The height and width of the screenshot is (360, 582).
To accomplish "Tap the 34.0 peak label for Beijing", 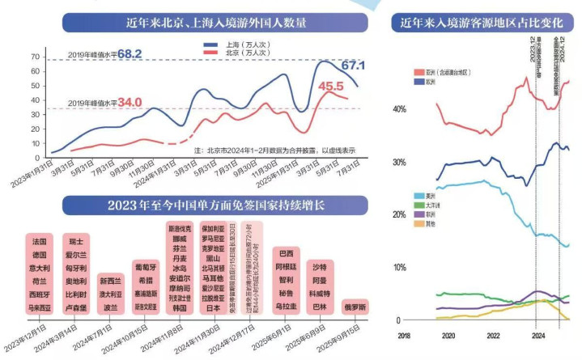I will pyautogui.click(x=130, y=103).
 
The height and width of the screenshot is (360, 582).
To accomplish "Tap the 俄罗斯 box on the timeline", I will pyautogui.click(x=356, y=307).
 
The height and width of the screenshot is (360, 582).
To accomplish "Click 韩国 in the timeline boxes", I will pyautogui.click(x=181, y=308).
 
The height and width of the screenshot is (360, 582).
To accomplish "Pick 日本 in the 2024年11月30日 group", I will pyautogui.click(x=215, y=308).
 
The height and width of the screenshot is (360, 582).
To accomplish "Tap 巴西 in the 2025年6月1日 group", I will pyautogui.click(x=285, y=253).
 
